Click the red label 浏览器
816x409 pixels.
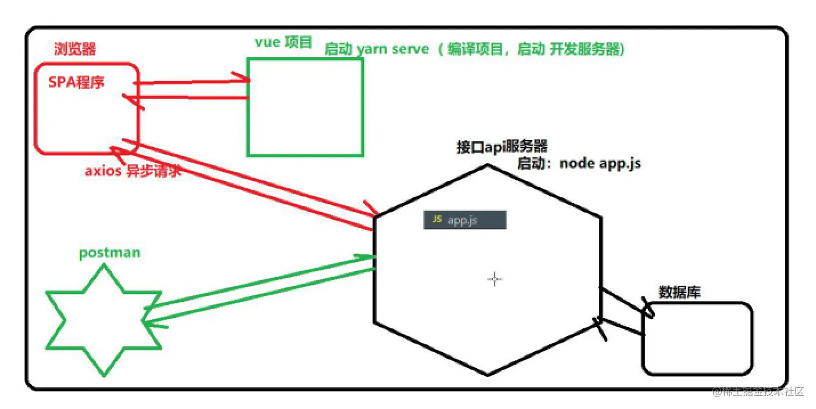[x=75, y=48]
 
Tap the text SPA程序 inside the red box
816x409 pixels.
[x=76, y=83]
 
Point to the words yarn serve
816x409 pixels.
[x=393, y=49]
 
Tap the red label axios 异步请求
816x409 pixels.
[x=133, y=170]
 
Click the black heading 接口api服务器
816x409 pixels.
[x=502, y=147]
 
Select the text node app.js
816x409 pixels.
[x=600, y=163]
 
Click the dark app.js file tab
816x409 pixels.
[x=464, y=220]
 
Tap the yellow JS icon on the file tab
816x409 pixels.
[x=437, y=219]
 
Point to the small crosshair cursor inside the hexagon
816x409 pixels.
[x=495, y=279]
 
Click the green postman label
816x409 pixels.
[x=110, y=252]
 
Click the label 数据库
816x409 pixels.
[x=679, y=292]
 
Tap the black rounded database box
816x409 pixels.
[x=697, y=338]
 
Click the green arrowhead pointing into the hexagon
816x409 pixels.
[x=368, y=257]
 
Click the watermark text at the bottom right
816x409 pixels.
[x=758, y=392]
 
